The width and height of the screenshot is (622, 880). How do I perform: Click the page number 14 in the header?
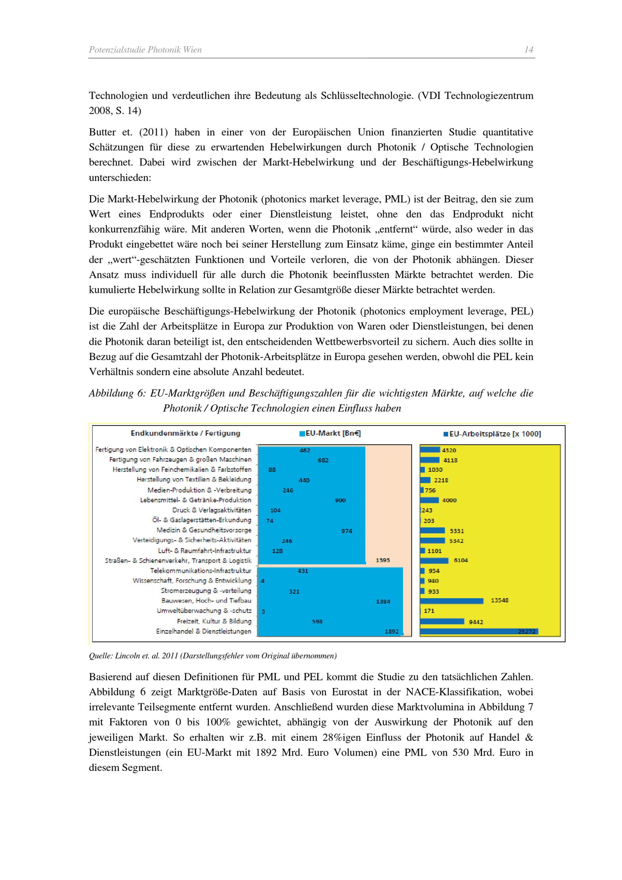click(x=528, y=50)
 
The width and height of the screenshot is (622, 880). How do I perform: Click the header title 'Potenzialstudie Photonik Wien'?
click(x=145, y=50)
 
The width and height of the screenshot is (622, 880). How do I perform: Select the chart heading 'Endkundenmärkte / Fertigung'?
click(x=185, y=433)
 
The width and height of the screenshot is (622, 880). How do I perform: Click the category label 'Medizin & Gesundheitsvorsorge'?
click(x=204, y=530)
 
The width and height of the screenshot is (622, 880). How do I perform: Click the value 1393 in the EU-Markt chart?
click(x=383, y=560)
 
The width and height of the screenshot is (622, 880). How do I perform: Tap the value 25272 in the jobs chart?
click(x=526, y=631)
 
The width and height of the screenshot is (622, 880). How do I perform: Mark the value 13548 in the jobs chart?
click(x=499, y=600)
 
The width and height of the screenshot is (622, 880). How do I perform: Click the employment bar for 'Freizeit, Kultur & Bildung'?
click(x=442, y=621)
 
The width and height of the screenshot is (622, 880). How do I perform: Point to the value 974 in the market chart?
click(x=346, y=531)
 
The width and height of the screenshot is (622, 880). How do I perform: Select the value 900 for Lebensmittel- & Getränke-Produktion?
click(x=340, y=500)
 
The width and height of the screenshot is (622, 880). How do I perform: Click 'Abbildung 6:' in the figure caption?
click(x=117, y=393)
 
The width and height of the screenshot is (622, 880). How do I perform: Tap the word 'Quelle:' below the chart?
click(x=100, y=656)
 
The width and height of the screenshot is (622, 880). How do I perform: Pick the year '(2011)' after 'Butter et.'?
click(x=153, y=132)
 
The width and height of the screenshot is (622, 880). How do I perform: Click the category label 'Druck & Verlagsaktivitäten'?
click(x=211, y=510)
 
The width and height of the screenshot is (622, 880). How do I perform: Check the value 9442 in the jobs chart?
click(x=476, y=622)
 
